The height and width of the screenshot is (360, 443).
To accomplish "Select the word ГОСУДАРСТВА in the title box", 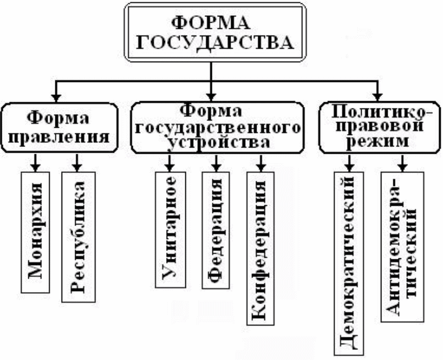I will [x=210, y=42].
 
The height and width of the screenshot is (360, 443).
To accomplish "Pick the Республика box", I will [x=78, y=237].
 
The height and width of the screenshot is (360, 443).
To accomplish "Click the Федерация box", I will [x=215, y=230].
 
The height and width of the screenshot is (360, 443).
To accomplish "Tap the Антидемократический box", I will [x=402, y=247].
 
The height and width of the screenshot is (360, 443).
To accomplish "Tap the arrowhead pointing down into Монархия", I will [x=35, y=167].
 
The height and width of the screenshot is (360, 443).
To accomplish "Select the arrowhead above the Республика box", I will [x=78, y=167].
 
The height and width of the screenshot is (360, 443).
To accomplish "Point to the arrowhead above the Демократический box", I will [x=350, y=168].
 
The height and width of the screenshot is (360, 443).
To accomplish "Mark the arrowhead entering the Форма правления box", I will [x=55, y=97].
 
